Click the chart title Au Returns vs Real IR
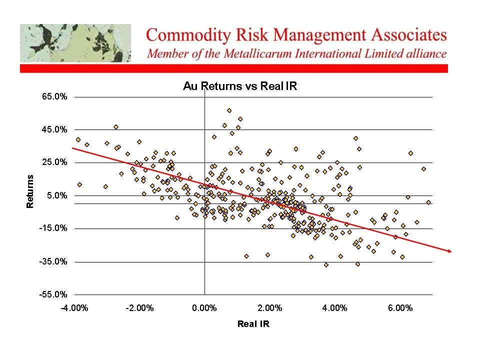tap(240, 86)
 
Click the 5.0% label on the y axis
tap(56, 195)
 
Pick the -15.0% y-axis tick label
tap(53, 228)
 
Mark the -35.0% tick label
tap(53, 261)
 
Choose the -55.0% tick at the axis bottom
tap(53, 294)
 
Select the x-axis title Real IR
tap(253, 323)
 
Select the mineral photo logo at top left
tap(75, 43)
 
